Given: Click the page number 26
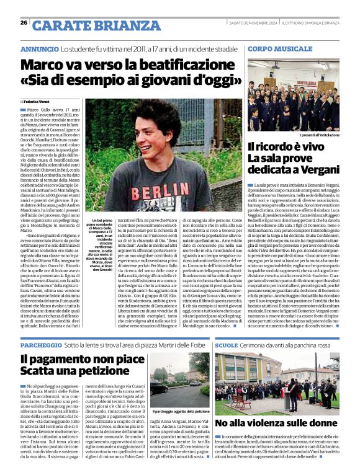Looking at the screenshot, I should click(24, 22).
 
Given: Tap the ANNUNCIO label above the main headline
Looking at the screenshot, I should click(40, 48).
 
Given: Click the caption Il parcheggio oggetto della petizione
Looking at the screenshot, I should click(181, 411).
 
